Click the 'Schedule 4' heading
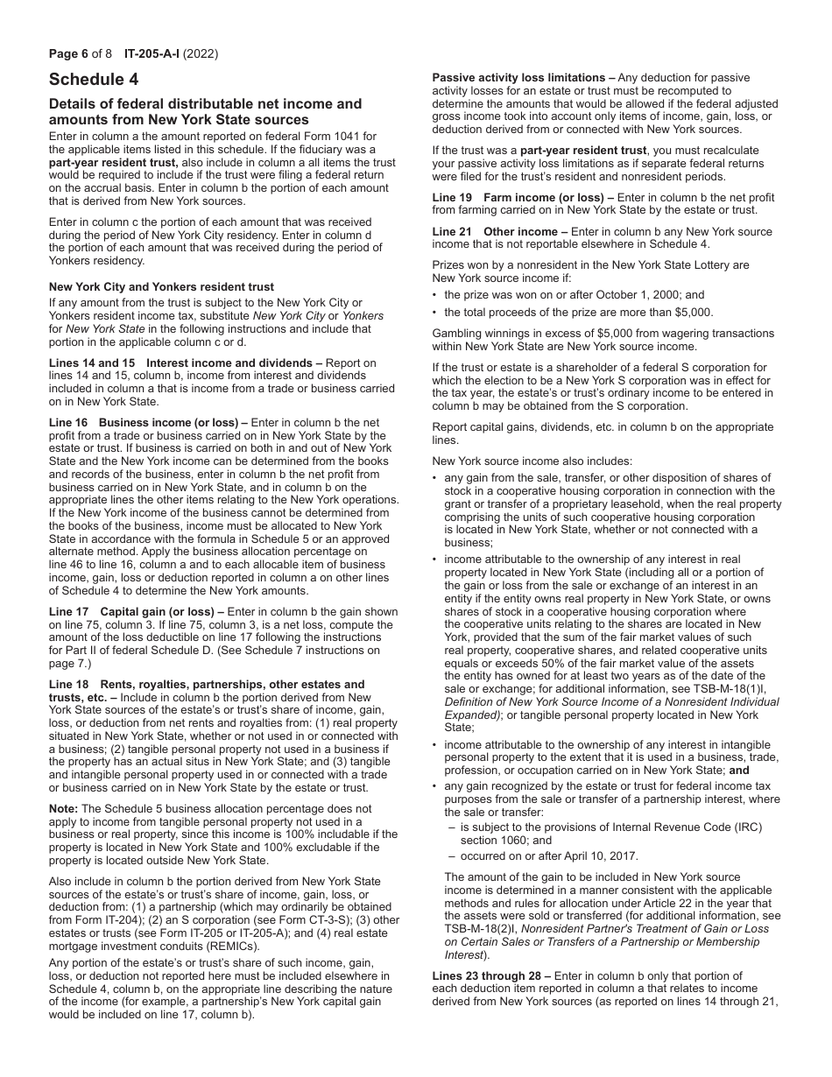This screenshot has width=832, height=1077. (94, 80)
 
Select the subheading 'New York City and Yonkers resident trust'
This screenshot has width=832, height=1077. (161, 286)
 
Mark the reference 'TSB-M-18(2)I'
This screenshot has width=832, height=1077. (477, 928)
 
